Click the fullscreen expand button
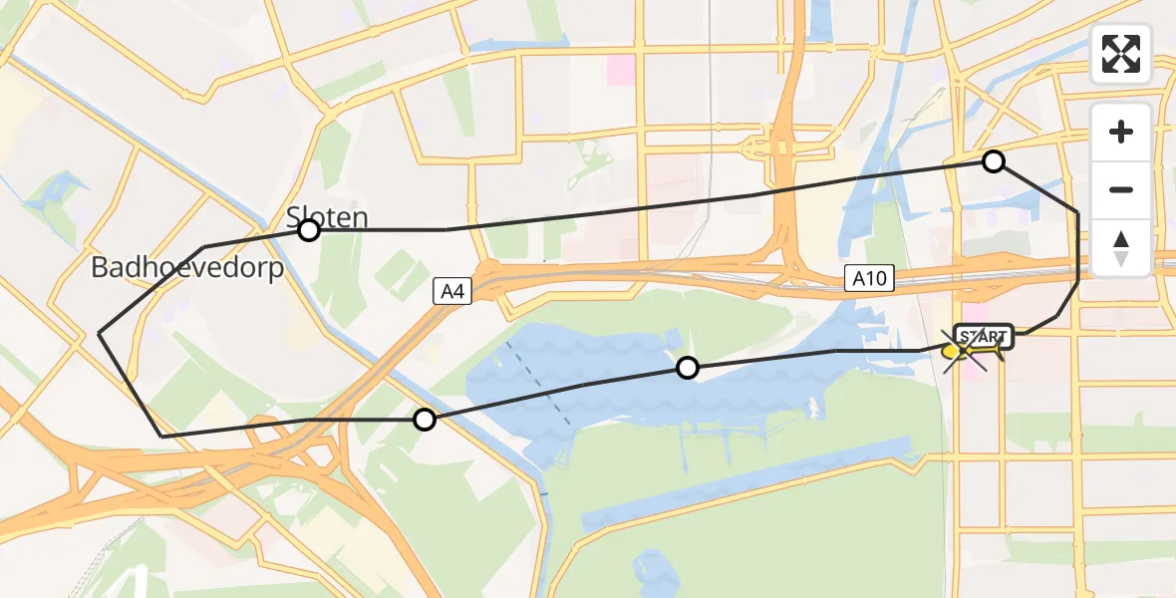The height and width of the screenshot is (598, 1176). [x=1121, y=54]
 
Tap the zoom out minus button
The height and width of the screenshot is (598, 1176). [x=1121, y=189]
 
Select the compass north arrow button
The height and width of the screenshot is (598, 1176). [x=1121, y=247]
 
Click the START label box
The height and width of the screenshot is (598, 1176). [x=984, y=337]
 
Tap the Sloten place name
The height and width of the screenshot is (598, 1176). [x=328, y=216]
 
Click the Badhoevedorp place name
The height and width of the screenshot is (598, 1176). [x=187, y=268]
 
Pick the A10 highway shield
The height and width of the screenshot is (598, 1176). [x=867, y=280]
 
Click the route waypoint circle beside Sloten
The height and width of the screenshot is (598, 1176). [x=309, y=231]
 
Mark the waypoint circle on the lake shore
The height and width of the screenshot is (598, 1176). [x=687, y=369]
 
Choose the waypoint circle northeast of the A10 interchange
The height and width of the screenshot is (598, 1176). [x=994, y=161]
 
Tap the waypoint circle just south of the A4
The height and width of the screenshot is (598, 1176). [x=425, y=420]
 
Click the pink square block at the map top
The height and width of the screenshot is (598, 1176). [x=621, y=69]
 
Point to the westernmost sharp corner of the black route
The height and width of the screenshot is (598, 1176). [x=100, y=332]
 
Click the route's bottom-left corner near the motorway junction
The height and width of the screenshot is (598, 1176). [x=162, y=436]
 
